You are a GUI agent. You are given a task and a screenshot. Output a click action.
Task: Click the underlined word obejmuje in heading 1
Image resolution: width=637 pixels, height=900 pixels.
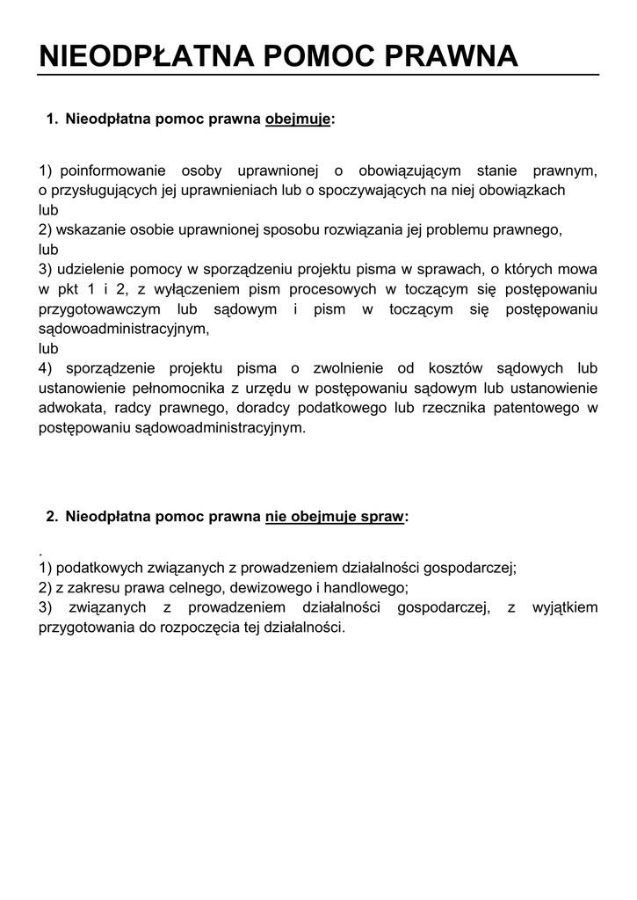point(298,120)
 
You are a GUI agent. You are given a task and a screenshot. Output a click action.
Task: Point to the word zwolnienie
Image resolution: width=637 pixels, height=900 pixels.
point(375,369)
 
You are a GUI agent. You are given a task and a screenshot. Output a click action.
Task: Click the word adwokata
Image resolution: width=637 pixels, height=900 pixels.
point(71,409)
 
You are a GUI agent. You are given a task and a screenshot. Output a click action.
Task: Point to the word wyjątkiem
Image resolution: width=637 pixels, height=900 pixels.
point(565,608)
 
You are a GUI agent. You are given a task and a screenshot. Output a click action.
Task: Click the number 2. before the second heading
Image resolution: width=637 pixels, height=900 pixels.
point(51,517)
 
